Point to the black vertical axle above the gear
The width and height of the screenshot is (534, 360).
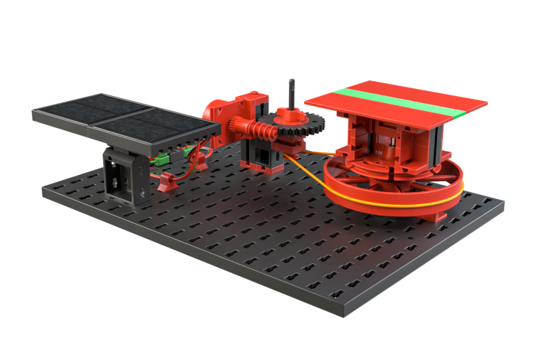click(x=291, y=92)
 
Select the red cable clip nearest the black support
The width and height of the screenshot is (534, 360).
click(x=167, y=184)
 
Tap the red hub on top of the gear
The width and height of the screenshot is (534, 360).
click(x=289, y=114)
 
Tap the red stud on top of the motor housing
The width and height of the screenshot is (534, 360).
click(x=251, y=95)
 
